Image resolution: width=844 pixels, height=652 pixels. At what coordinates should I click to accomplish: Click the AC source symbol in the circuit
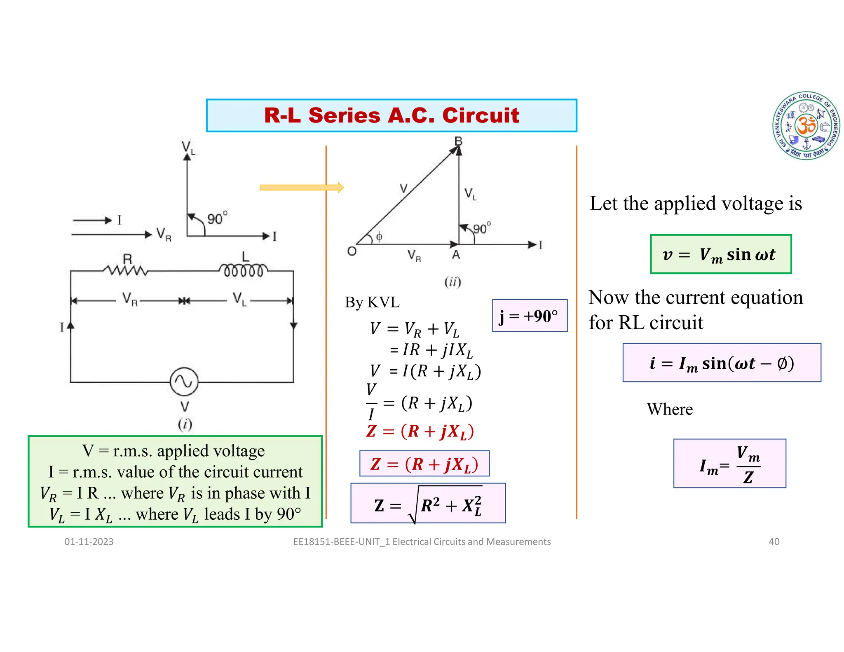(184, 382)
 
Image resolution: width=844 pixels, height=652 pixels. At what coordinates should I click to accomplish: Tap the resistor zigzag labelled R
(126, 270)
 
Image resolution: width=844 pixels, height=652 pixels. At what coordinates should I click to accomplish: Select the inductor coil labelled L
(244, 270)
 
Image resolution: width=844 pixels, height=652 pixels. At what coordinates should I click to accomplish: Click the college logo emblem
(806, 126)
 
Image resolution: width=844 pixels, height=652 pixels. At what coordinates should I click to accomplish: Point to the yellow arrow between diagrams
(301, 188)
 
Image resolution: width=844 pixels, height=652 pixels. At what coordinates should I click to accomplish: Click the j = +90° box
(530, 316)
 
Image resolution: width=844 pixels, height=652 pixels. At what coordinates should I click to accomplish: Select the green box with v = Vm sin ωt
(720, 254)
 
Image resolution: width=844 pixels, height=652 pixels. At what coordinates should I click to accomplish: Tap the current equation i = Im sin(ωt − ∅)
(722, 363)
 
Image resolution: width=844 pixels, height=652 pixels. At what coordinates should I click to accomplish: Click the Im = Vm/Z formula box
(729, 464)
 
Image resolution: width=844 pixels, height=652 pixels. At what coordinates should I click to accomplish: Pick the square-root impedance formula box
(428, 503)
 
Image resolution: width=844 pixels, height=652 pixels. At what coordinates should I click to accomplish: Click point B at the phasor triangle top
(458, 141)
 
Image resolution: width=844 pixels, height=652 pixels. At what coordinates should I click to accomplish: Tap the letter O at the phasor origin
(352, 251)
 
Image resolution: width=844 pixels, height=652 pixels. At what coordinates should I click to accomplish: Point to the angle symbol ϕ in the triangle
(379, 236)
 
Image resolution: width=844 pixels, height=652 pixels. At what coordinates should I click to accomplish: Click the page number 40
(774, 542)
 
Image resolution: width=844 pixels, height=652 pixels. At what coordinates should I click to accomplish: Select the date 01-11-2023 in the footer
(89, 542)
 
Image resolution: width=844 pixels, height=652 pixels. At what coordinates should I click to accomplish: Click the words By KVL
(372, 302)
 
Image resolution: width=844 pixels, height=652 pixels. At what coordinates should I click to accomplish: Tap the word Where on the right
(670, 409)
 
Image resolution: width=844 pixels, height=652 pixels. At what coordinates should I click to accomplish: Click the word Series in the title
(344, 115)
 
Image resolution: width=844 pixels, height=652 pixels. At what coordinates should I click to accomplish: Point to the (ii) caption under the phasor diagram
(452, 282)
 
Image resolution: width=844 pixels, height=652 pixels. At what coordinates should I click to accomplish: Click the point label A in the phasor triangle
(456, 255)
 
